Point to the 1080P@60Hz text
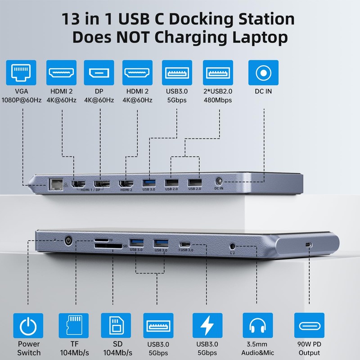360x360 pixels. coord(22,100)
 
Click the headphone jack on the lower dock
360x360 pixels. coord(233,246)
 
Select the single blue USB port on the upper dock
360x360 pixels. coord(149,183)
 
